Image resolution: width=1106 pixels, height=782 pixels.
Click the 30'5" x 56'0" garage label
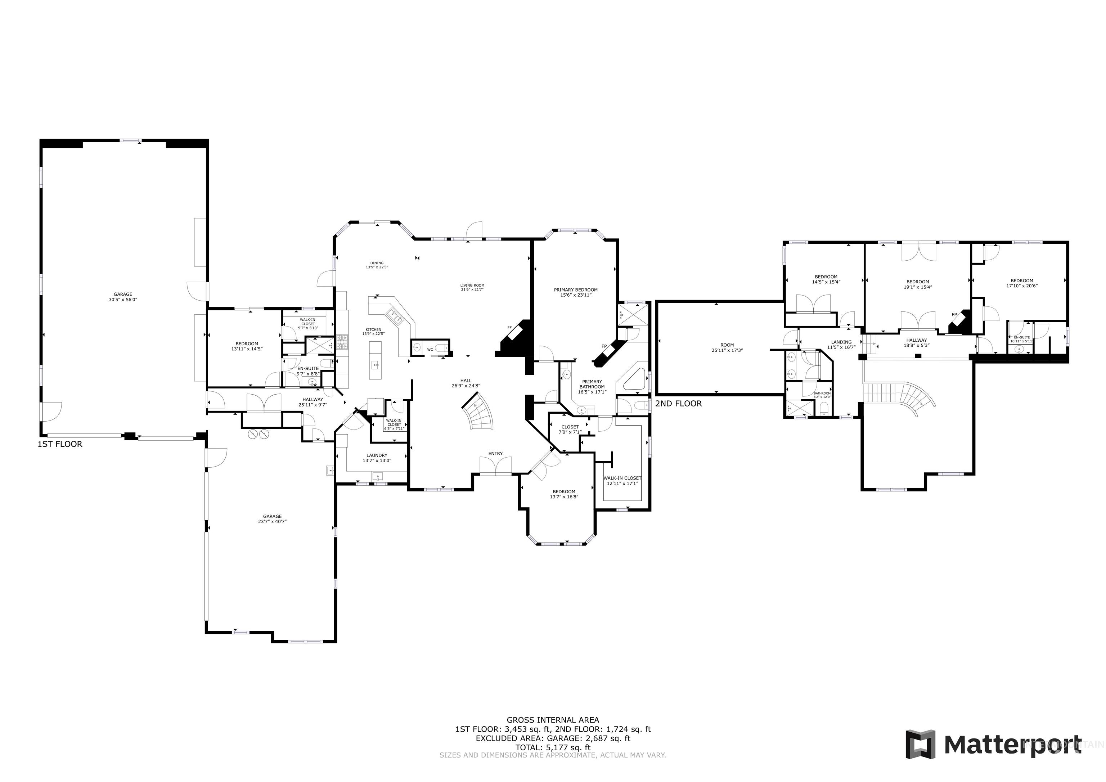(123, 297)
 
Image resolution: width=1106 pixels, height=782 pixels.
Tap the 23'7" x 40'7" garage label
(272, 519)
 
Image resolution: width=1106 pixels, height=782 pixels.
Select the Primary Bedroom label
(576, 292)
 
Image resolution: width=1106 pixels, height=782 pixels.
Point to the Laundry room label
(377, 458)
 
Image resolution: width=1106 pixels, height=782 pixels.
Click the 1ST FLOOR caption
(60, 444)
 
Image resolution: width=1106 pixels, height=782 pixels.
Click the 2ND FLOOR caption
(678, 403)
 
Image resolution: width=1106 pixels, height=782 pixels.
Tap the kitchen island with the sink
(375, 360)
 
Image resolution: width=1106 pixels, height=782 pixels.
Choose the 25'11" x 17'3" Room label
(727, 347)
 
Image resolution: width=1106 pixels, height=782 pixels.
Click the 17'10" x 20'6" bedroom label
(1022, 283)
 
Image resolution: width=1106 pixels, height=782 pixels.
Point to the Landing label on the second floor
(841, 345)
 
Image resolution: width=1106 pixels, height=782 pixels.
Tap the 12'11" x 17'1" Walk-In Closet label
(622, 480)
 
